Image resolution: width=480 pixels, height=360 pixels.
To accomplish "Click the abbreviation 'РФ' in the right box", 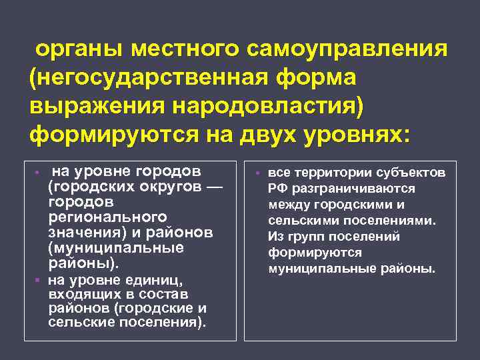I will [278, 189].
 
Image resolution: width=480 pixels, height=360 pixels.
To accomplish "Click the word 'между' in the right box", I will [287, 205].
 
